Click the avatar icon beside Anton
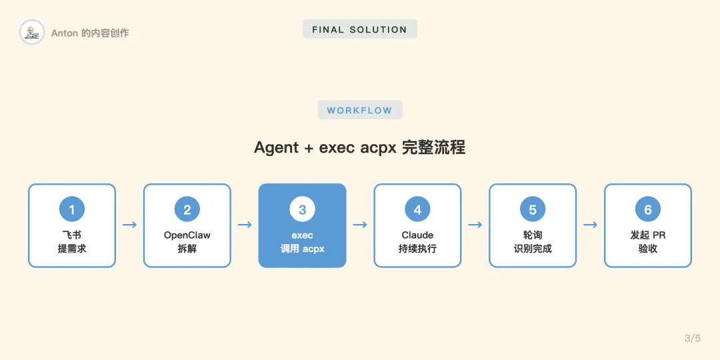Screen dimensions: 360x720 click(31, 32)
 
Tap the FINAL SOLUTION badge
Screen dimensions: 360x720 click(359, 29)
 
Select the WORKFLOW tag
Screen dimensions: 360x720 click(359, 110)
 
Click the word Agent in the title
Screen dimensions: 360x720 click(276, 147)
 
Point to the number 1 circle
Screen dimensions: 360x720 click(72, 210)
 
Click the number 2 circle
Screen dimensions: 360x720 click(187, 210)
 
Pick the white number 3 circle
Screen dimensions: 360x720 click(302, 210)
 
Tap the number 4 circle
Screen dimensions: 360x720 click(417, 210)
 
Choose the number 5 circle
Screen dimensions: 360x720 click(533, 210)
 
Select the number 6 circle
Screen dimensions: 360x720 click(648, 210)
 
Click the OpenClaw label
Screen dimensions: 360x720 click(187, 235)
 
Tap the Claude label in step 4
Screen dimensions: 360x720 click(417, 235)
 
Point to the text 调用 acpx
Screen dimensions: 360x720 click(302, 249)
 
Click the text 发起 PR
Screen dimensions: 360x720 click(648, 235)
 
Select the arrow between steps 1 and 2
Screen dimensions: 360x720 click(129, 225)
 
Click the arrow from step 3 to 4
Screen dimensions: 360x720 click(360, 225)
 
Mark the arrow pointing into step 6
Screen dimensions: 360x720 click(590, 225)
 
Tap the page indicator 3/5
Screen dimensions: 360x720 click(693, 338)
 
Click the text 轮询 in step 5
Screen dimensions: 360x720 click(533, 235)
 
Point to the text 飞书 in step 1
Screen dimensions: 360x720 click(72, 235)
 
